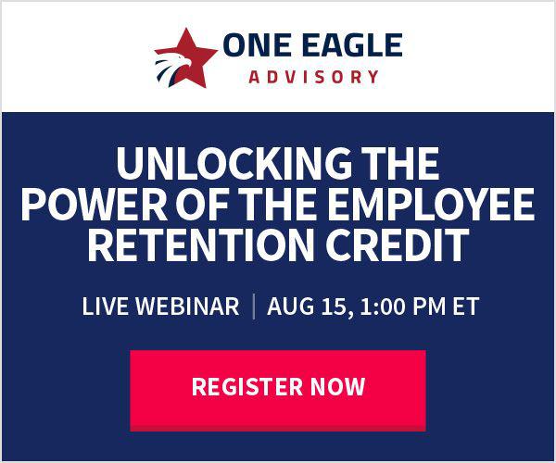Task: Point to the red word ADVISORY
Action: click(314, 77)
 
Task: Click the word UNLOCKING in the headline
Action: click(234, 164)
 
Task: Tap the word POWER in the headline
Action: click(95, 204)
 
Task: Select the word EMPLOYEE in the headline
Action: click(431, 204)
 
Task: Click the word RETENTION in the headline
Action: click(201, 244)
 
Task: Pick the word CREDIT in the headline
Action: click(398, 244)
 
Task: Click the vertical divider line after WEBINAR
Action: click(254, 307)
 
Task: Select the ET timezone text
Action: click(465, 307)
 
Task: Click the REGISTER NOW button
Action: click(278, 391)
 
